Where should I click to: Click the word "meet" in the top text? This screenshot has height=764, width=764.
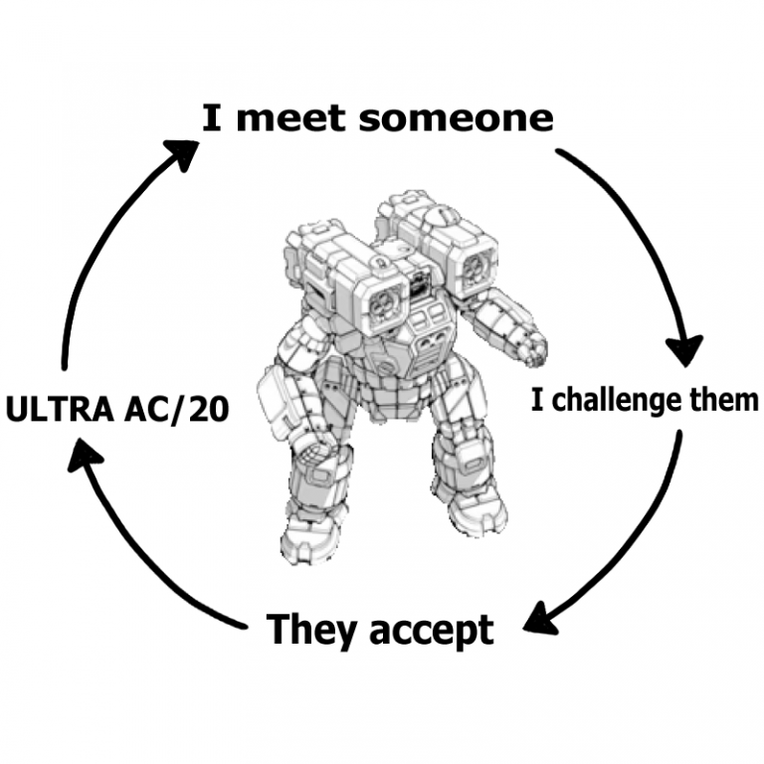coord(290,118)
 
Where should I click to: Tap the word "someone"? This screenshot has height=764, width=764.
coord(456,119)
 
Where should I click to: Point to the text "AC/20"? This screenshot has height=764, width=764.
coord(176,408)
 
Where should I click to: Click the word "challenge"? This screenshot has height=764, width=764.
coord(617,401)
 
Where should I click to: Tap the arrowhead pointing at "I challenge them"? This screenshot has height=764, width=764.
coord(684,350)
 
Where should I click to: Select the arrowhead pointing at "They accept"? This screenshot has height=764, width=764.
coord(540,620)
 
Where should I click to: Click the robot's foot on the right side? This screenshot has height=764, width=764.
coord(477,509)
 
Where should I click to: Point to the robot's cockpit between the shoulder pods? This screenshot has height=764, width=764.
coord(419,283)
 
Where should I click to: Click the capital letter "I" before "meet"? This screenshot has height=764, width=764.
coord(212,118)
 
